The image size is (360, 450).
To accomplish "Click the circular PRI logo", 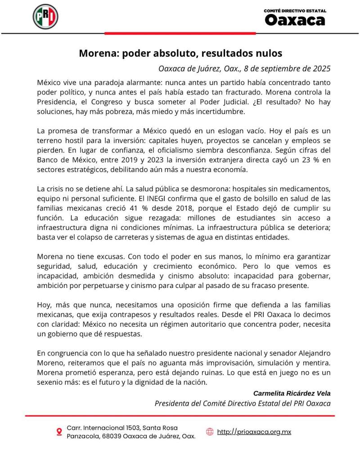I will (45, 17).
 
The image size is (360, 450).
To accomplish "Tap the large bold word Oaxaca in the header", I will (294, 20).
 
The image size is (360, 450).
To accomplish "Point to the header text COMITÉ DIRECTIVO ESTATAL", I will (295, 11).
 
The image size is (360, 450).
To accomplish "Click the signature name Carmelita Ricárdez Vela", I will (292, 393).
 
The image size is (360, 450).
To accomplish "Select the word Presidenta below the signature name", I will (173, 403).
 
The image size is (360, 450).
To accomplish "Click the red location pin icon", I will (59, 432).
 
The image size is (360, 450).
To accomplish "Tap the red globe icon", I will (210, 432).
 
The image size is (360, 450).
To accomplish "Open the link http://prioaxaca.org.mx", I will (254, 432).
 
